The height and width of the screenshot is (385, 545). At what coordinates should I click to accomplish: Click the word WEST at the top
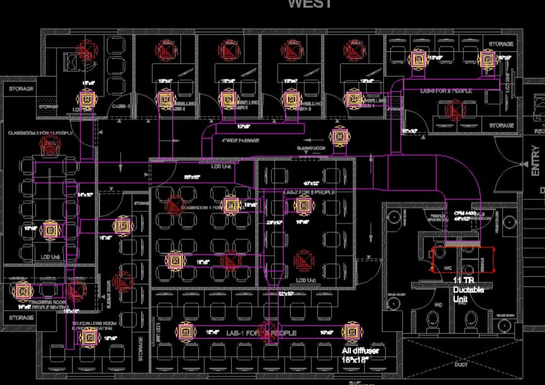tap(310, 4)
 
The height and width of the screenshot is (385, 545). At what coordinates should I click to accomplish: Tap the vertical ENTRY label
tap(535, 161)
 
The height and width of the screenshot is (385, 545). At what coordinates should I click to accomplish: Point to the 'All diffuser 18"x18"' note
tap(360, 355)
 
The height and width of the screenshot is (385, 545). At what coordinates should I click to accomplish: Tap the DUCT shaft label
tap(461, 364)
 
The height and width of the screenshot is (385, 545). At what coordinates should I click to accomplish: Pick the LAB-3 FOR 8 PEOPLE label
tap(446, 91)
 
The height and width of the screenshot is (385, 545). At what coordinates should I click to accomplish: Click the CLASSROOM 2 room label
tap(40, 133)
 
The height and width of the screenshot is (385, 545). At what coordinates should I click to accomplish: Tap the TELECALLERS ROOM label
tap(94, 323)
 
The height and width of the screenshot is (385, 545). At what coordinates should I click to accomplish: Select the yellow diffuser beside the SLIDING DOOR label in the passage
tap(339, 137)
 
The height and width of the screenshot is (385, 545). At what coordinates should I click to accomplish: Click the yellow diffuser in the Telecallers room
tap(90, 336)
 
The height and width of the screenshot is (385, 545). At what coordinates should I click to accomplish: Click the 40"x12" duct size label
tap(311, 183)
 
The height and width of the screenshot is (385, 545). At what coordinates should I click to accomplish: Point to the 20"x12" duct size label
tap(192, 177)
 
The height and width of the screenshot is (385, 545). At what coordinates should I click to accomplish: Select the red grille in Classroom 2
tap(50, 147)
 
